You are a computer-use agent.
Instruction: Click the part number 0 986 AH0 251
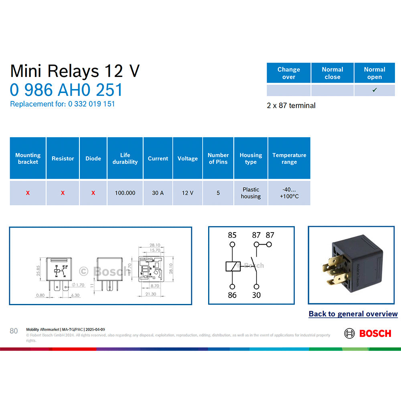[66, 90]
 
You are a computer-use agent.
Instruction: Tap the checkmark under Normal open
[375, 90]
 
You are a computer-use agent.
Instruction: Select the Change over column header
[289, 73]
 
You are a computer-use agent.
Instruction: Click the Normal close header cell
[332, 73]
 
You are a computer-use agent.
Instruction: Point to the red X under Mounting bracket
[28, 193]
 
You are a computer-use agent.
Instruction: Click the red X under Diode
[93, 193]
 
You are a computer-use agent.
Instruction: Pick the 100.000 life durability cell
[125, 193]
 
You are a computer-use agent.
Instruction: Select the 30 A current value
[158, 193]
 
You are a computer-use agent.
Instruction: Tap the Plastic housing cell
[251, 193]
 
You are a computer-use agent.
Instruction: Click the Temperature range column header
[289, 158]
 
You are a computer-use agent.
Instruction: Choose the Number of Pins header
[218, 158]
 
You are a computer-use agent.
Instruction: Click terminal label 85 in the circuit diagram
[232, 235]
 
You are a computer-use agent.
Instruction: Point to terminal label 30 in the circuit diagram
[256, 295]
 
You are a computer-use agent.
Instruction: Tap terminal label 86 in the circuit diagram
[232, 295]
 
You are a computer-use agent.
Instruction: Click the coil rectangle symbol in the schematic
[232, 265]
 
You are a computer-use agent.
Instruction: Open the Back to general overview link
[353, 314]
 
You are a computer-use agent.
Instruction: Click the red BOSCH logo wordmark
[375, 333]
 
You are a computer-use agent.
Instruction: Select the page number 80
[14, 331]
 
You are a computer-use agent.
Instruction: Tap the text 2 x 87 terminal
[291, 105]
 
